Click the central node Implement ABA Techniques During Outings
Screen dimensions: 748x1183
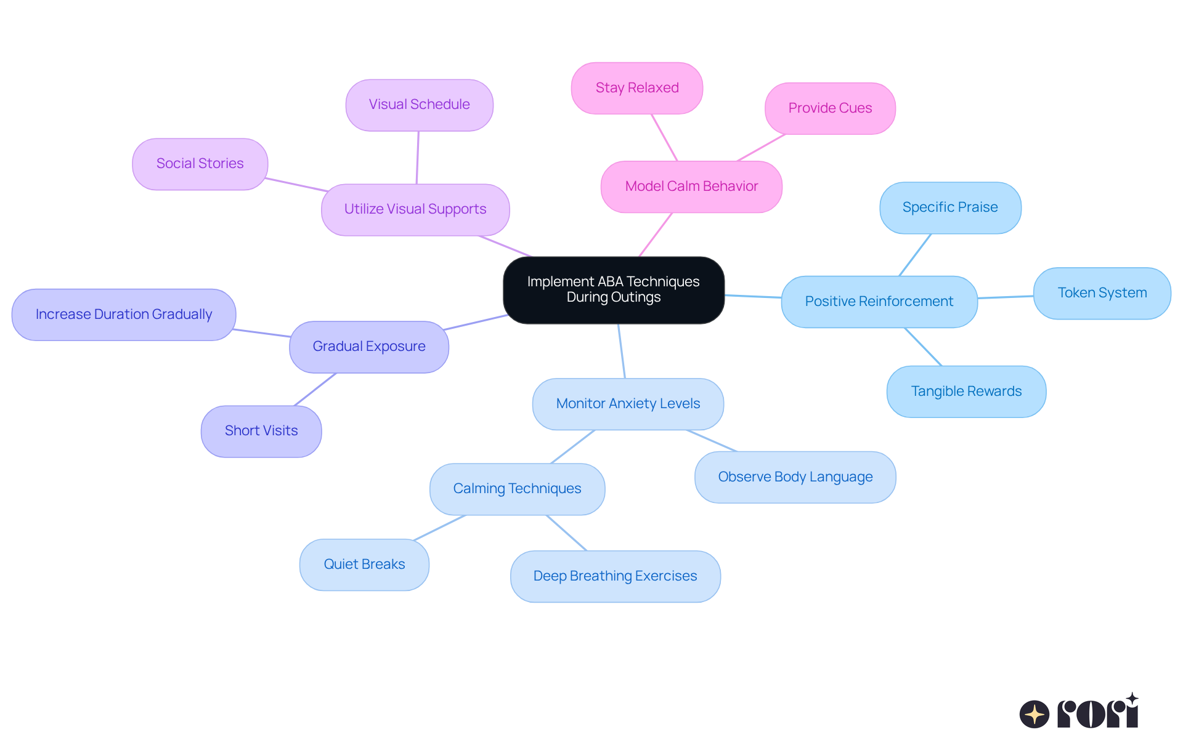[613, 289]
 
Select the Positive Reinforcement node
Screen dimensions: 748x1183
[879, 302]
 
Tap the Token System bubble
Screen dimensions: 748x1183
[1102, 293]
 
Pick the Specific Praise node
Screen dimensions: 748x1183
[949, 207]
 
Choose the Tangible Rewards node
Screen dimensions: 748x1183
[966, 392]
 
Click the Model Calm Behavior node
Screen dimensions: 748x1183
[691, 187]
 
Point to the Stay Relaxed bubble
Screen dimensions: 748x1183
[636, 88]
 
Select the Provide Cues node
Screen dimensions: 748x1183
[829, 108]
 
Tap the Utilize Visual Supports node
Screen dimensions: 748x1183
[415, 209]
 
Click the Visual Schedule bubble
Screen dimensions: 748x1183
[419, 105]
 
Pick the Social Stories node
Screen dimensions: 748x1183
[200, 164]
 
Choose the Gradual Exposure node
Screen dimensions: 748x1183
[368, 347]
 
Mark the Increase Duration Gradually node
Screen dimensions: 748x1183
[123, 315]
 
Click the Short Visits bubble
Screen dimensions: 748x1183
[261, 431]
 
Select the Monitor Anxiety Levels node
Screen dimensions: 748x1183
[627, 404]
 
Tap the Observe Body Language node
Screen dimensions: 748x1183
[795, 477]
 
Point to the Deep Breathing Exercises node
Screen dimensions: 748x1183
[615, 576]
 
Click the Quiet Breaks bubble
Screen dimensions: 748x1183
[364, 565]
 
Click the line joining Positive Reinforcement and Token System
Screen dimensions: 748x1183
[1006, 297]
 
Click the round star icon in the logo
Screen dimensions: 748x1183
[1034, 714]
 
